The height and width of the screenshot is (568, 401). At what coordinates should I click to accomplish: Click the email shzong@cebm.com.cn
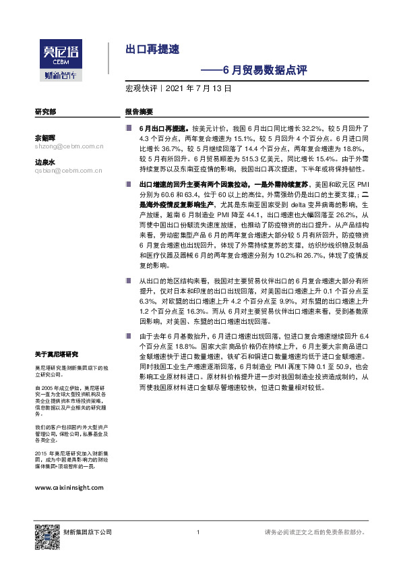(67, 145)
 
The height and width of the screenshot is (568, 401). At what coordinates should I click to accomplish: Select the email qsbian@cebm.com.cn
(67, 171)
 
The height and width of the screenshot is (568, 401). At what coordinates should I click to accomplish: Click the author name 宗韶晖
(44, 137)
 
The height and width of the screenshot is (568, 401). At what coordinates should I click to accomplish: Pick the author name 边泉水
(44, 162)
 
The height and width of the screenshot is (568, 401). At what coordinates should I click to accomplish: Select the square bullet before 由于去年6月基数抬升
(129, 335)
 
